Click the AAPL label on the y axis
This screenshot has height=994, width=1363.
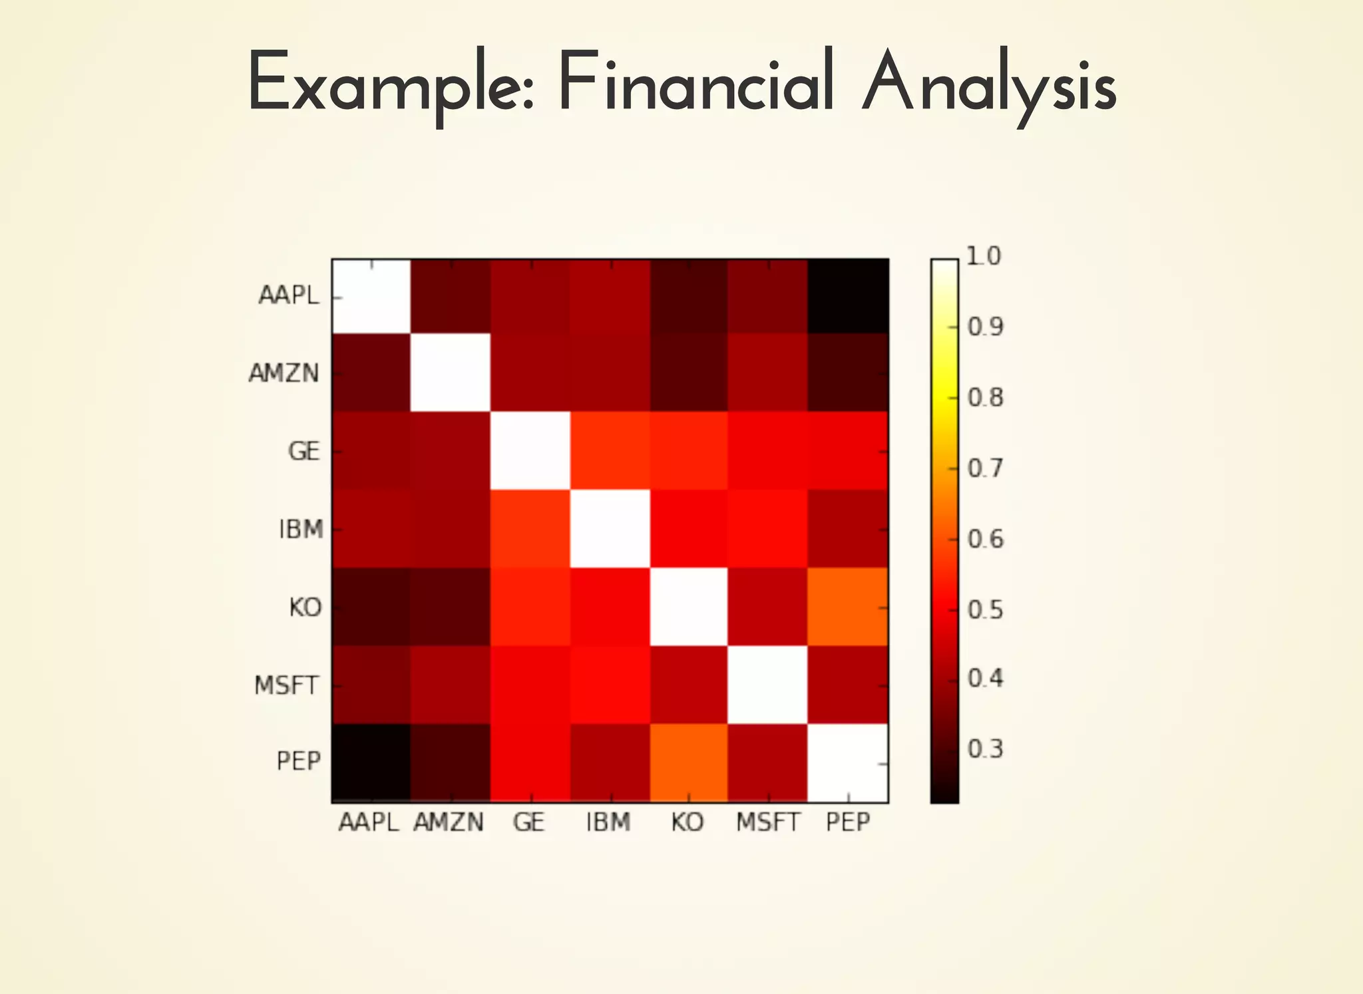pyautogui.click(x=289, y=295)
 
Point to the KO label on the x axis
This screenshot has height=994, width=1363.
pyautogui.click(x=687, y=823)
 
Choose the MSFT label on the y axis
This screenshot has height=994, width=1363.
pyautogui.click(x=286, y=685)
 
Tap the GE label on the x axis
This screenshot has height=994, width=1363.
pyautogui.click(x=529, y=823)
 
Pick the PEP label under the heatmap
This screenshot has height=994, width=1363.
pyautogui.click(x=848, y=823)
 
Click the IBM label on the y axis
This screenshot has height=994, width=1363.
pyautogui.click(x=301, y=530)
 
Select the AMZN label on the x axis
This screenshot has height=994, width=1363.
pyautogui.click(x=449, y=823)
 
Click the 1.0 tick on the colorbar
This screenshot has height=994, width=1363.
pyautogui.click(x=983, y=256)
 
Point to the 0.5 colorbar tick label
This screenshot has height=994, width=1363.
pyautogui.click(x=985, y=610)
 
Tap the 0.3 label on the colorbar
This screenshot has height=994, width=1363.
pyautogui.click(x=985, y=749)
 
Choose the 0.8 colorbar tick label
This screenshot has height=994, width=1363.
pyautogui.click(x=985, y=398)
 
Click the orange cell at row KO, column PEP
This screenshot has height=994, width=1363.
pyautogui.click(x=848, y=607)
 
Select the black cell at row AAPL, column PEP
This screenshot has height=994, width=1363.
pyautogui.click(x=848, y=296)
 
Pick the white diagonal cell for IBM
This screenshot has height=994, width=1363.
pyautogui.click(x=610, y=529)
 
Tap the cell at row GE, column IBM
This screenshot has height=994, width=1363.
pyautogui.click(x=610, y=451)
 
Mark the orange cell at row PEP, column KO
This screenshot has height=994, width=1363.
pyautogui.click(x=689, y=762)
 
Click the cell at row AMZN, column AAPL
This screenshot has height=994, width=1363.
pyautogui.click(x=371, y=373)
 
